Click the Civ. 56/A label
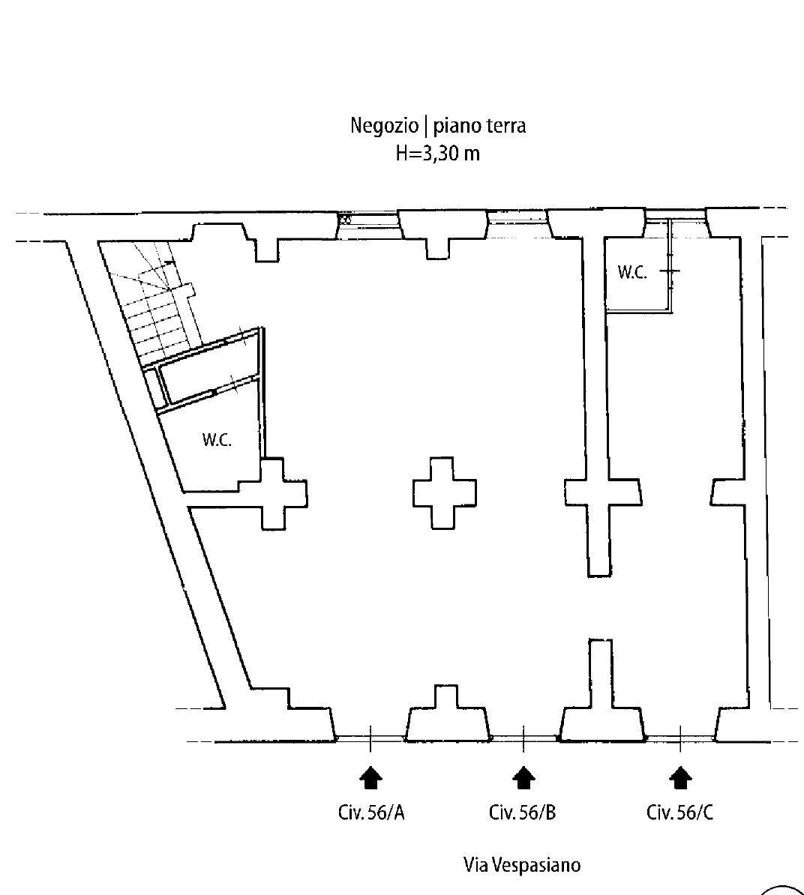(x=371, y=812)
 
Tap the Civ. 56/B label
(x=522, y=812)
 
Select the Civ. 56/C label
(x=679, y=812)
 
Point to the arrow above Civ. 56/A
(x=370, y=778)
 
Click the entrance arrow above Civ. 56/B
(x=523, y=778)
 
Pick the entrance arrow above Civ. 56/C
(x=680, y=778)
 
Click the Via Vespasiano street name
(x=522, y=865)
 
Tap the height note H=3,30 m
(x=438, y=154)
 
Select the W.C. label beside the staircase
(x=217, y=440)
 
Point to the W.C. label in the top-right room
(x=632, y=272)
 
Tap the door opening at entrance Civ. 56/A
(x=370, y=738)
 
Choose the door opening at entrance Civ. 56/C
(x=680, y=738)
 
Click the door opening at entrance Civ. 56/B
(x=523, y=738)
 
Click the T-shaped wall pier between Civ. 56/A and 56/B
(x=448, y=716)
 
